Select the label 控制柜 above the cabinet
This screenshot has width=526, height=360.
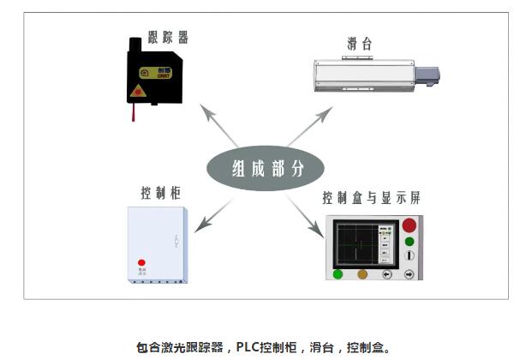pos(158,192)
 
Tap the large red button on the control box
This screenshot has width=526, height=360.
pos(409,227)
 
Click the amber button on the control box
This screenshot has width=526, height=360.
pos(362,275)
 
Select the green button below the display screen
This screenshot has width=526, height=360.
pos(338,275)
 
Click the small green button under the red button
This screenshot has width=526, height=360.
pos(409,243)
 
